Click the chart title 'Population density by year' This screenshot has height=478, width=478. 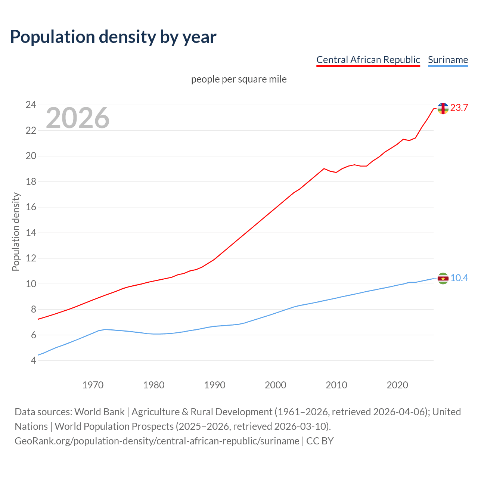click(x=113, y=37)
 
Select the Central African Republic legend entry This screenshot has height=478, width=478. click(x=368, y=60)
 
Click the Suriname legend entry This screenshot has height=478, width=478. click(x=448, y=60)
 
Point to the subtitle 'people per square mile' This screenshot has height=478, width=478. click(x=239, y=80)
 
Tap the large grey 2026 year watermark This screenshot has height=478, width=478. click(x=78, y=118)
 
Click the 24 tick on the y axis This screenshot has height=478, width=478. click(x=31, y=105)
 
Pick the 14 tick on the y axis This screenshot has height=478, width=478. click(x=31, y=233)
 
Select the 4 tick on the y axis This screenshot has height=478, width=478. click(x=33, y=361)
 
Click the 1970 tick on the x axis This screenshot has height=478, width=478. click(x=93, y=385)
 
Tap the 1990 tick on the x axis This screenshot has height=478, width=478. click(x=215, y=385)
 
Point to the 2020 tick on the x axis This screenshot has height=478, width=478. click(x=397, y=385)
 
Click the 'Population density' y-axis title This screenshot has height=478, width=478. click(x=16, y=232)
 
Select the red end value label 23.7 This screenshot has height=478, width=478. click(x=459, y=108)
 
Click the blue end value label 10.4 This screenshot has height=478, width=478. click(x=459, y=278)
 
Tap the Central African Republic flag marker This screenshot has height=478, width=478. click(x=443, y=108)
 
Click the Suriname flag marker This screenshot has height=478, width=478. click(x=443, y=279)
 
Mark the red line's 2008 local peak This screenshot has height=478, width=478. click(x=324, y=168)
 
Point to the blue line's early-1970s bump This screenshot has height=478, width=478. click(x=105, y=329)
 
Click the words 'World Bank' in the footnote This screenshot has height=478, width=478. click(x=99, y=412)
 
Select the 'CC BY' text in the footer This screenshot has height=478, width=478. click(x=320, y=441)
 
